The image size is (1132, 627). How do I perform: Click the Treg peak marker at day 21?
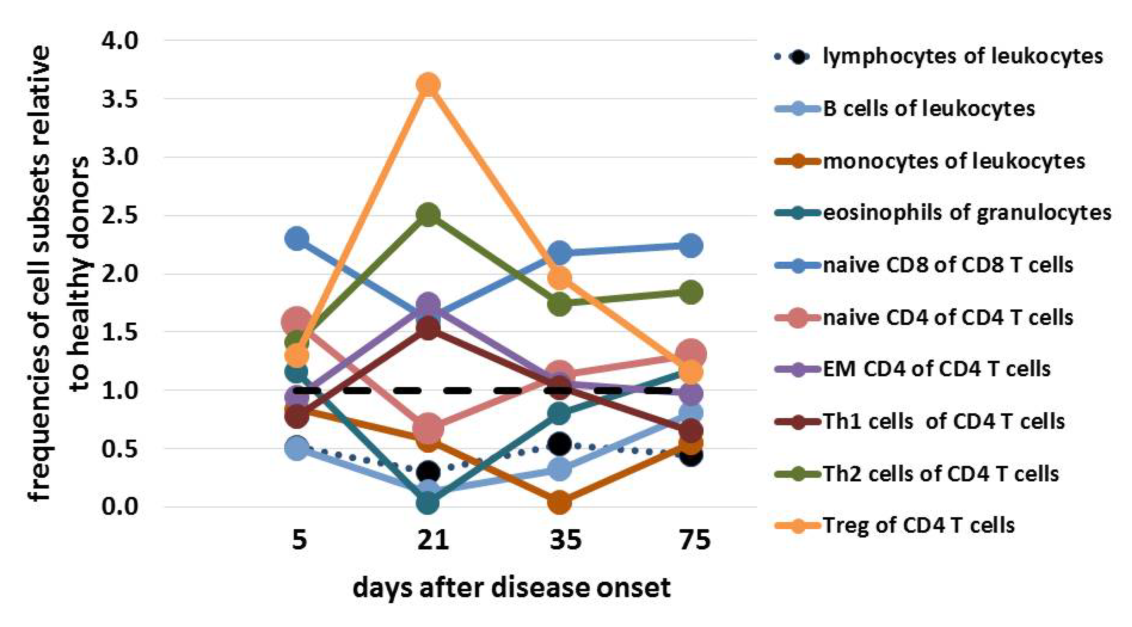coord(429,84)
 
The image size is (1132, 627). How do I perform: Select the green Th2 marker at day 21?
coord(429,215)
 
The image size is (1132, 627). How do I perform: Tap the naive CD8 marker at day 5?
coord(297,239)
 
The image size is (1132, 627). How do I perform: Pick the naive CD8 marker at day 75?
coord(691,245)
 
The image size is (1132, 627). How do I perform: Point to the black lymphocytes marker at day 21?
coord(429,472)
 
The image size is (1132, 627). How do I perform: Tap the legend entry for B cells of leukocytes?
coord(928,109)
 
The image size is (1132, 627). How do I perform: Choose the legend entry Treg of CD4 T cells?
coord(918,525)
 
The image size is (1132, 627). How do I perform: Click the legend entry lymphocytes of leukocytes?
coord(962,56)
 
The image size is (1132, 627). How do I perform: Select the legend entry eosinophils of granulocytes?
coord(967,213)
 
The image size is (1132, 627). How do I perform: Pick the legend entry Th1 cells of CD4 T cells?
coord(943,421)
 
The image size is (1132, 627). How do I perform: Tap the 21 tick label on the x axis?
coord(433,540)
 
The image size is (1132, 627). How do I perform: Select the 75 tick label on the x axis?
coord(695,540)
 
